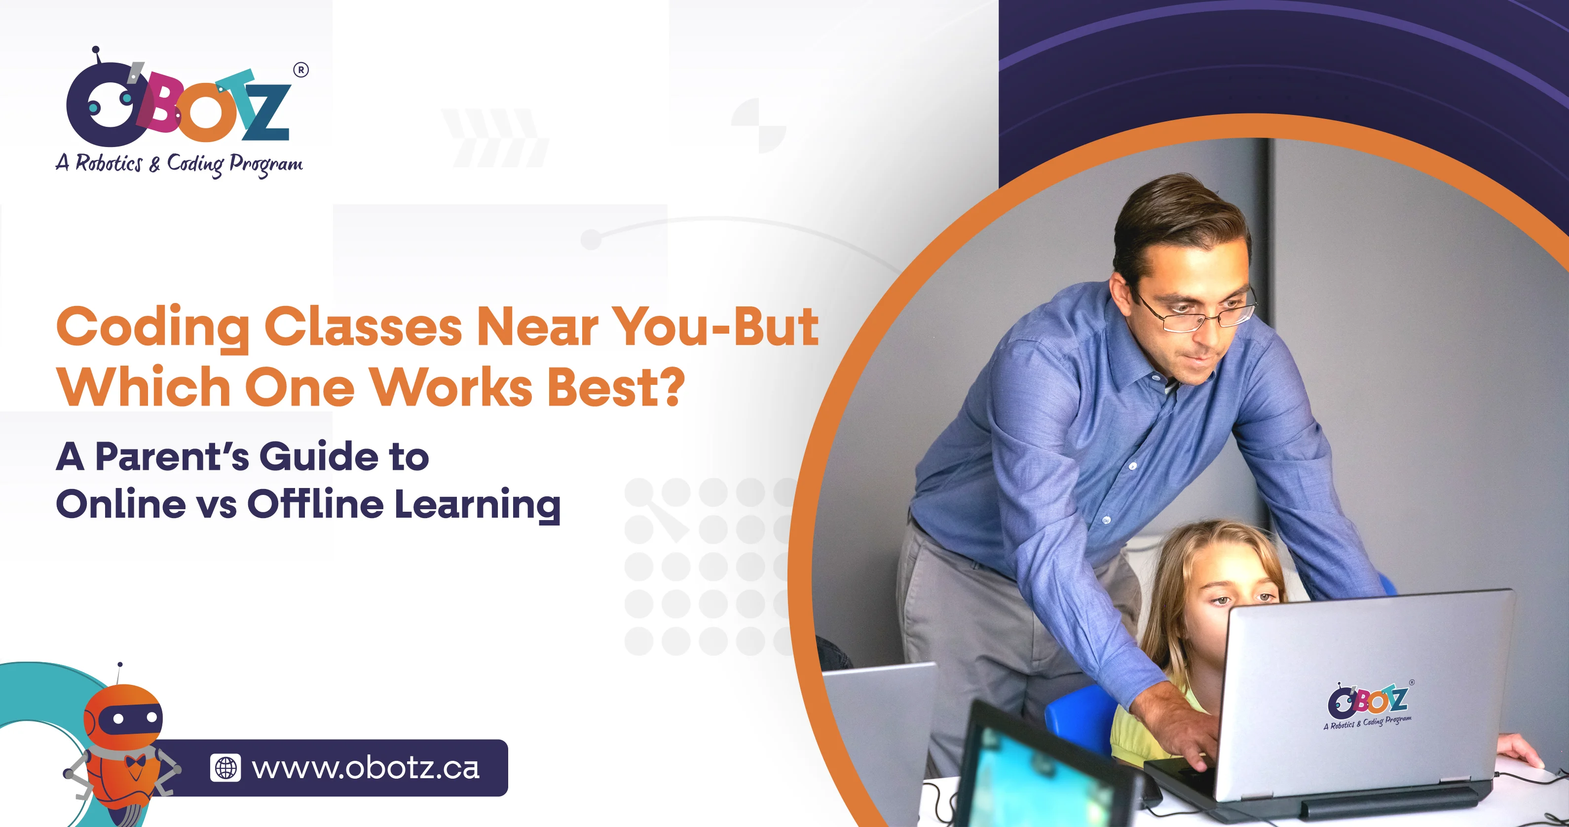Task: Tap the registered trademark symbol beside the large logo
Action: pyautogui.click(x=301, y=70)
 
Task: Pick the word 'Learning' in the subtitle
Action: pyautogui.click(x=478, y=504)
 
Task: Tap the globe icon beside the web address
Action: pyautogui.click(x=225, y=768)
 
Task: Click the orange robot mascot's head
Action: pyautogui.click(x=124, y=716)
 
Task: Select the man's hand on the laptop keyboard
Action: pyautogui.click(x=1182, y=737)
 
